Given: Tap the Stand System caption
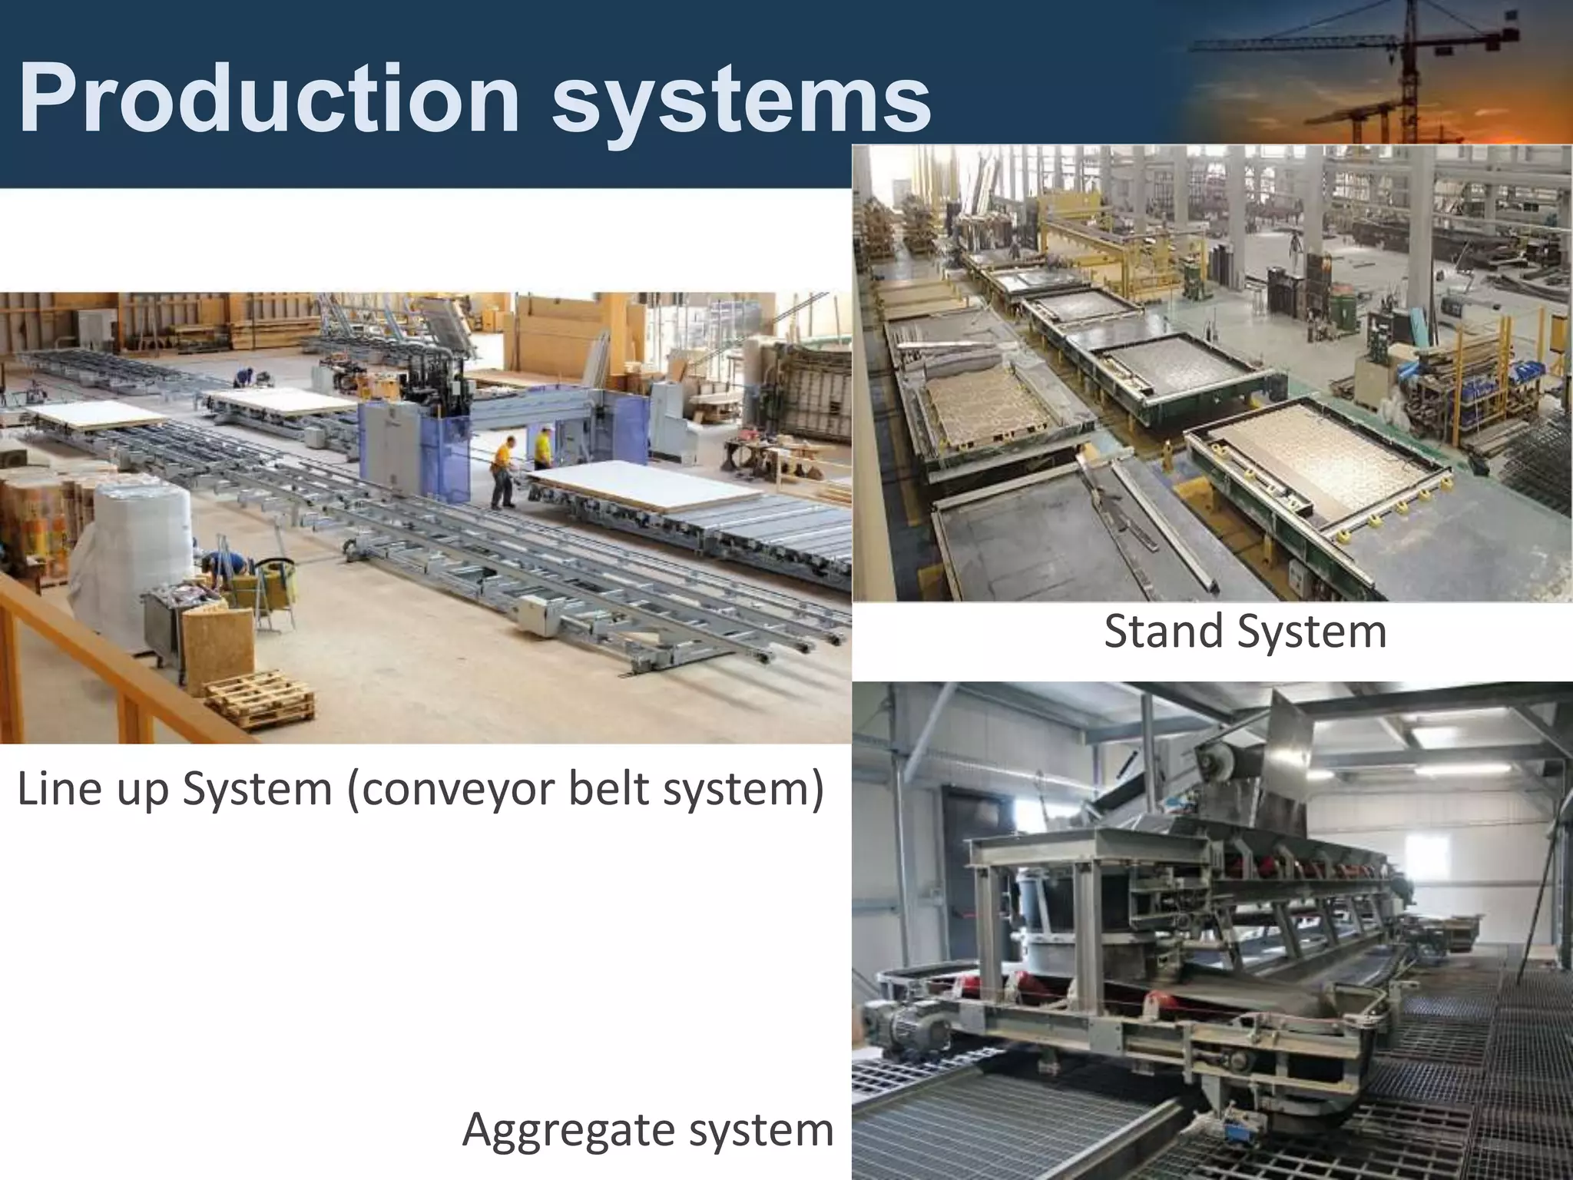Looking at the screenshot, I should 1244,631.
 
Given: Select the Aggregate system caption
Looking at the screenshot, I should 647,1130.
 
